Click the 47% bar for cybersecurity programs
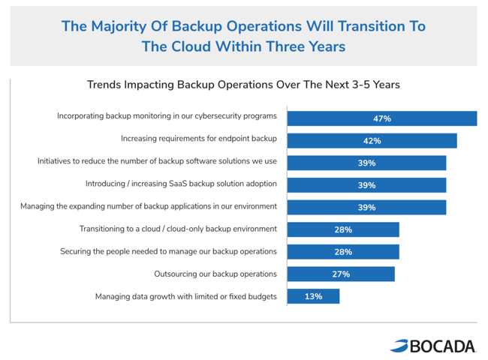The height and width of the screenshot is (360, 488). (x=382, y=118)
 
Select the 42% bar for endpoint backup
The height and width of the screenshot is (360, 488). (x=372, y=141)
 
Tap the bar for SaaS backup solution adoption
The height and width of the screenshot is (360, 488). (x=366, y=185)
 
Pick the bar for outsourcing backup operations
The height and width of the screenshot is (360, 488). (x=341, y=274)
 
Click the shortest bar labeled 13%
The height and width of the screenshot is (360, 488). (x=313, y=296)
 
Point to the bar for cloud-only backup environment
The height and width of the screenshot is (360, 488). (x=343, y=229)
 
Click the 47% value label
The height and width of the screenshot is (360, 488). (x=382, y=118)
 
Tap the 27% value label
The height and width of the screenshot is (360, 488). (x=341, y=274)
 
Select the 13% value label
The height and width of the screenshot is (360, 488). (x=313, y=296)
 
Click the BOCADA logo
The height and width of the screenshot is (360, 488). (x=433, y=346)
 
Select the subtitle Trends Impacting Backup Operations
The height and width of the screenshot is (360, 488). (x=243, y=85)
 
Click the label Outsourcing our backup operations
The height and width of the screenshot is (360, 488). (x=215, y=274)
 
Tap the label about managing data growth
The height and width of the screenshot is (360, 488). (x=185, y=296)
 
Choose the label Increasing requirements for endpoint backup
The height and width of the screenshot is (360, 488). (x=198, y=138)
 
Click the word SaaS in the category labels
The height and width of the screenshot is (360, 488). (x=178, y=184)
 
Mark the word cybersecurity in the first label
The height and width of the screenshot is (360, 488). (x=218, y=116)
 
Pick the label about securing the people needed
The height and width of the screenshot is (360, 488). (x=168, y=251)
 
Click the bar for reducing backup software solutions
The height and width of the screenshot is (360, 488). (x=366, y=163)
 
